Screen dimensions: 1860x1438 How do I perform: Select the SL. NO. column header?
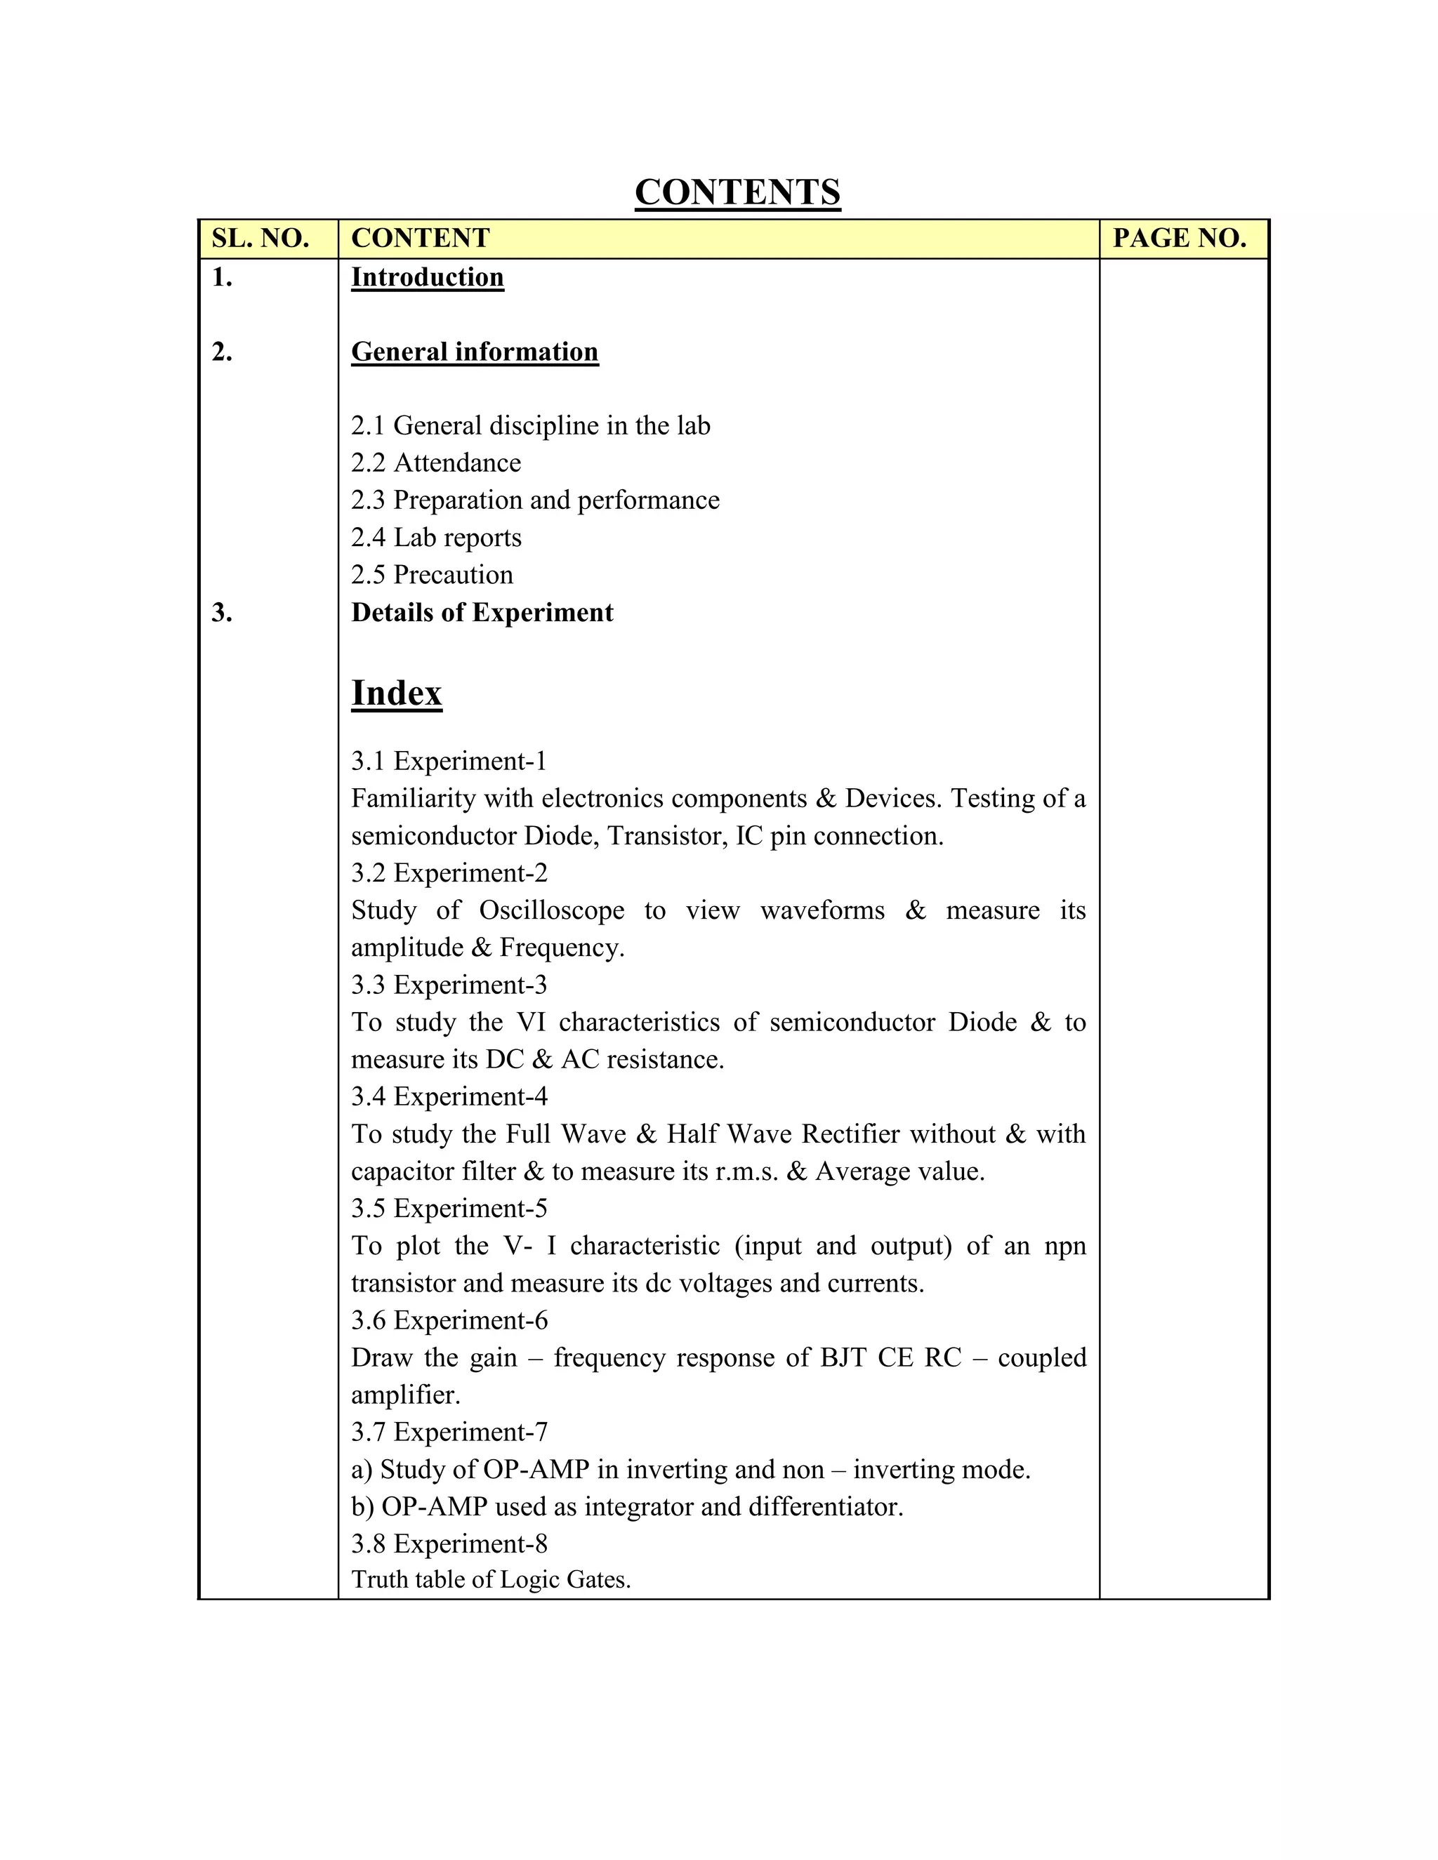[260, 239]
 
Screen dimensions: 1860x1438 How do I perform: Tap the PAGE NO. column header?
[1179, 239]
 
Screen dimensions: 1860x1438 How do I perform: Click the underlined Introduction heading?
[427, 278]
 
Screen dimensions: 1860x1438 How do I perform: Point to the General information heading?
[475, 352]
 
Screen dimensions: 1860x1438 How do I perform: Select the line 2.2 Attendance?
[435, 463]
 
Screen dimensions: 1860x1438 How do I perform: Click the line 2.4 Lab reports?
[435, 538]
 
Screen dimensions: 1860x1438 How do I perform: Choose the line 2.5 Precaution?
[432, 575]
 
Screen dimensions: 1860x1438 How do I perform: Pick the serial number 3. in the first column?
[221, 612]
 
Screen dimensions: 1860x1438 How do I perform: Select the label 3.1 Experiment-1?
[448, 761]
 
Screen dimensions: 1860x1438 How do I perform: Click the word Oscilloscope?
[551, 910]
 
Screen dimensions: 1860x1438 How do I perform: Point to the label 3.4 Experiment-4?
[449, 1096]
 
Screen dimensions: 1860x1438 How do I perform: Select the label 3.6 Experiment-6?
[449, 1320]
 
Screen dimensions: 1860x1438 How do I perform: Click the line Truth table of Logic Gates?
[491, 1580]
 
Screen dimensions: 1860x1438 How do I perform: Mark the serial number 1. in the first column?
[221, 278]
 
